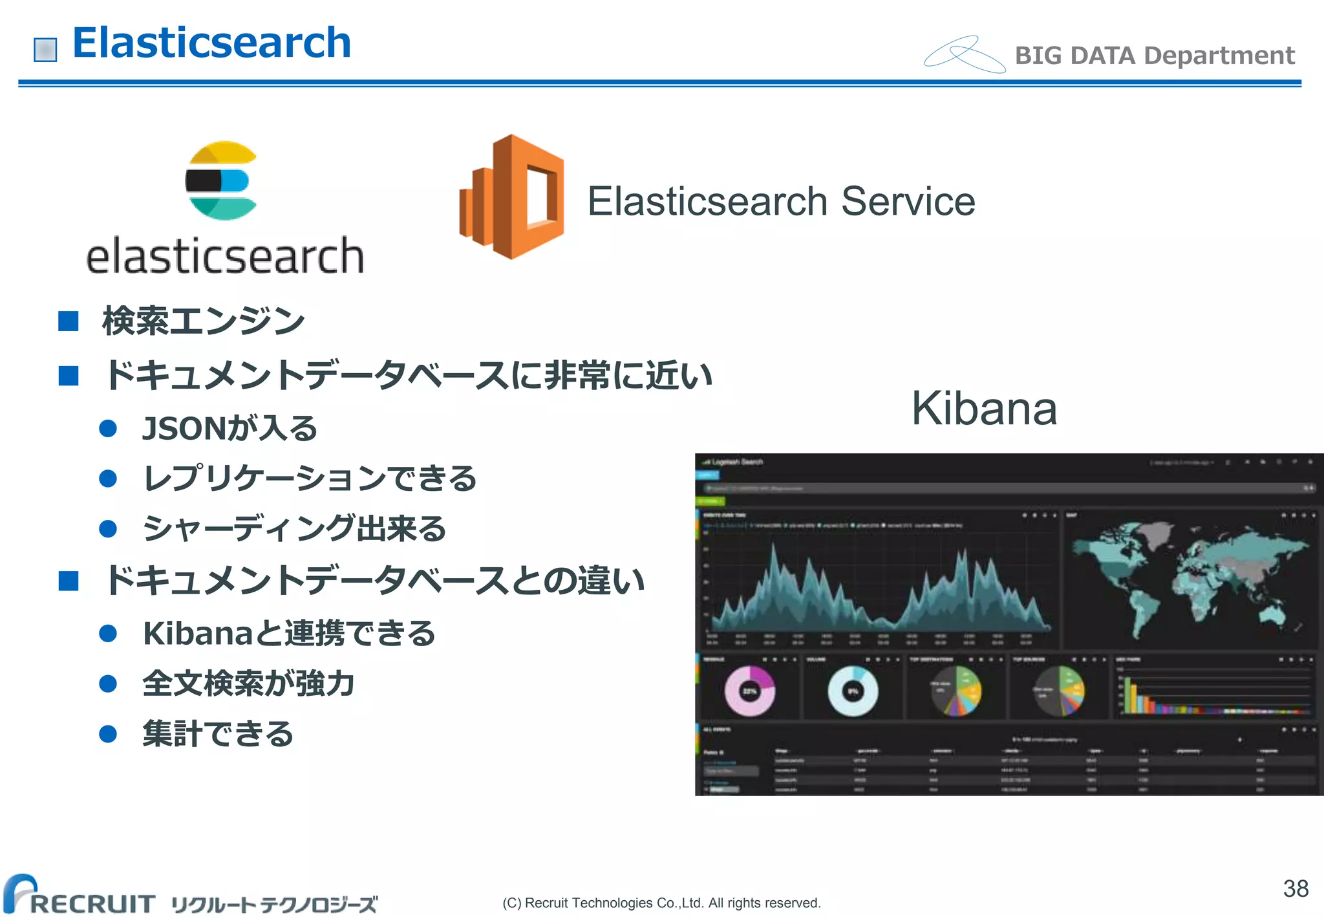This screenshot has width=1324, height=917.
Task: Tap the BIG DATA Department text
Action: (x=1154, y=56)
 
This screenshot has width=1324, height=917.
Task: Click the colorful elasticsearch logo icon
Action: (x=221, y=180)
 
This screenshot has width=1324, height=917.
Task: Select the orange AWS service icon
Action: (x=512, y=197)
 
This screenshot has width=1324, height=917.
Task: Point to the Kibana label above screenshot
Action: (x=984, y=409)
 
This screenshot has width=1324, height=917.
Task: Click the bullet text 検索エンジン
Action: (x=203, y=321)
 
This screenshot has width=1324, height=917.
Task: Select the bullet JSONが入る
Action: (x=230, y=428)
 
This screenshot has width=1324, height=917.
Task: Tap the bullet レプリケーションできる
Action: (x=310, y=479)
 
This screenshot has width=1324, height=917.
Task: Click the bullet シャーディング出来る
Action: (x=294, y=528)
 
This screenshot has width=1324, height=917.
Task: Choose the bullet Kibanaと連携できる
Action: (x=289, y=633)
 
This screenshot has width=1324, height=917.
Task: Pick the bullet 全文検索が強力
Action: (x=248, y=684)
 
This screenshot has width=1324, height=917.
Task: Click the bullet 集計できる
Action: (x=218, y=734)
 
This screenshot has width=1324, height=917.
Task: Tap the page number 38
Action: (x=1295, y=889)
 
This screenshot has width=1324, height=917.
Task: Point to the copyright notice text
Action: (x=661, y=903)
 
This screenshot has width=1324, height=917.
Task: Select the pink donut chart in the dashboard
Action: (x=749, y=691)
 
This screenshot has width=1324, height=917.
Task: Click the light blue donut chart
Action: (x=853, y=691)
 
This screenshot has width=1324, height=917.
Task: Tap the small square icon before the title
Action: (x=45, y=50)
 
